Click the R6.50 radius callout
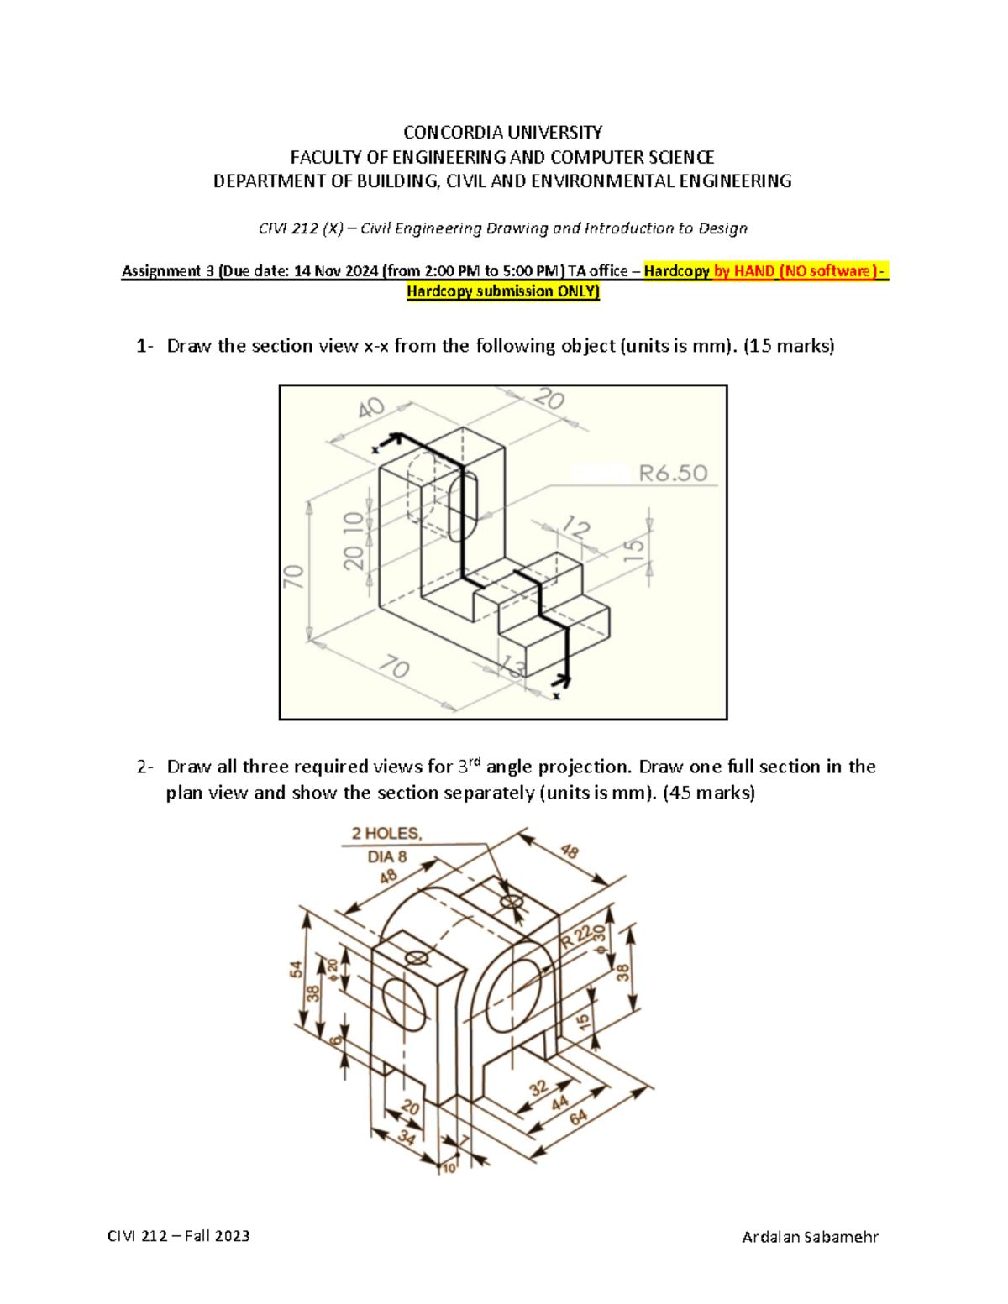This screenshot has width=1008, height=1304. [x=673, y=474]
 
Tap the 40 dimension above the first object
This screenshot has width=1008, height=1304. [x=371, y=409]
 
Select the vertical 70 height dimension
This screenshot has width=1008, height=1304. [x=293, y=576]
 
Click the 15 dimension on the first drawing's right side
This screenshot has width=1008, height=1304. [x=634, y=549]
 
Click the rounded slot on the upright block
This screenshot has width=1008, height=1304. [x=464, y=506]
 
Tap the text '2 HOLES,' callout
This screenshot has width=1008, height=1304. [x=386, y=834]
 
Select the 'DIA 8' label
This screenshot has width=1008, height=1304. [x=386, y=856]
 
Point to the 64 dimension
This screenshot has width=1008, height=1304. [x=579, y=1118]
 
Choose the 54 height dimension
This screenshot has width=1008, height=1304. [x=297, y=970]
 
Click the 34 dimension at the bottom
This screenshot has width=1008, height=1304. [x=407, y=1138]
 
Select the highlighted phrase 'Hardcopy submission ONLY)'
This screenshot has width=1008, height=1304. [x=503, y=291]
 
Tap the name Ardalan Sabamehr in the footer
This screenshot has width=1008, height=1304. [x=810, y=1236]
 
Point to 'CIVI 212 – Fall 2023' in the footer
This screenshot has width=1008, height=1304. [x=178, y=1236]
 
